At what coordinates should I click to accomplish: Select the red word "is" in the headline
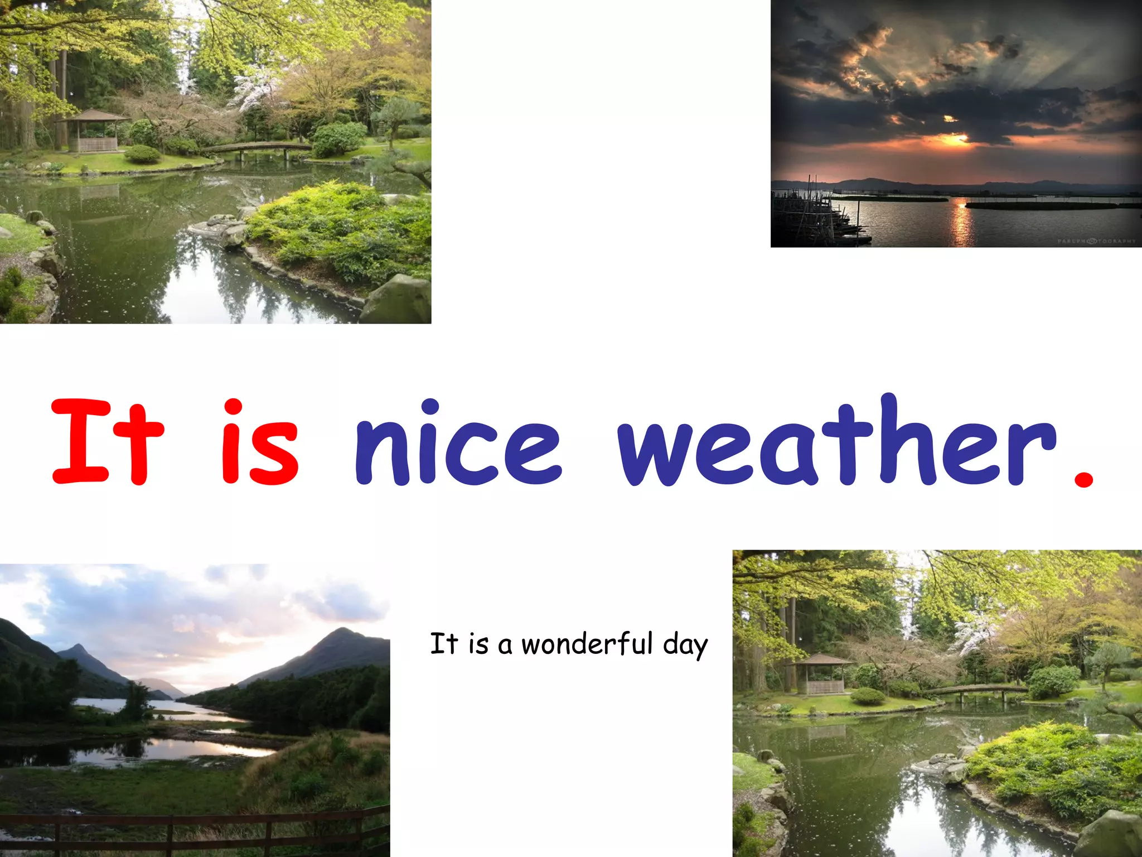coord(260,442)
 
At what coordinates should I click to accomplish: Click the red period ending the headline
coord(1083,478)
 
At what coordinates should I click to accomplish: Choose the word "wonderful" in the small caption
coord(587,644)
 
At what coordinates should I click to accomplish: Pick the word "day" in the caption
coord(685,646)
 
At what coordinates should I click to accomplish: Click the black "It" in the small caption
coord(444,644)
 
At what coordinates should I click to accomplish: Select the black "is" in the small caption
coord(478,644)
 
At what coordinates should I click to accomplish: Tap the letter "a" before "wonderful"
coord(505,647)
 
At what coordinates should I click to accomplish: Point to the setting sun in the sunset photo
coord(955,138)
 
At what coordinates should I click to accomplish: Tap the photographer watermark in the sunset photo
coord(1096,241)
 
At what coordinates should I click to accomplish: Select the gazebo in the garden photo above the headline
coord(95,131)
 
